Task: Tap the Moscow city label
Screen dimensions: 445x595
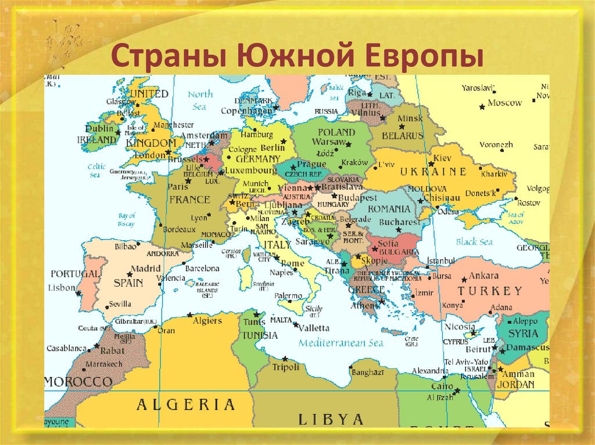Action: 504,103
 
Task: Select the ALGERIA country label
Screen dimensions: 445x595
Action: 185,404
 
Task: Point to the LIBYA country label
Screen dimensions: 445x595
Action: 331,418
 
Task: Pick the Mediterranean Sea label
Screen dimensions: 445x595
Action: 341,343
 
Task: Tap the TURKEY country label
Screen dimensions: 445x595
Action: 490,291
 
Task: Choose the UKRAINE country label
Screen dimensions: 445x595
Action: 433,171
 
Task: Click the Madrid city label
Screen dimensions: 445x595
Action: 145,269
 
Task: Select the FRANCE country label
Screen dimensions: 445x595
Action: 189,200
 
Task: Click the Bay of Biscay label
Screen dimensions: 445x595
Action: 126,220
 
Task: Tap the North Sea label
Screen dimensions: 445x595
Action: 200,100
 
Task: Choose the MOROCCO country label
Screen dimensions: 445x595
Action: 78,382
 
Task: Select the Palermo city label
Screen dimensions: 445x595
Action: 288,296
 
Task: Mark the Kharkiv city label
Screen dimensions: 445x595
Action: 494,173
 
